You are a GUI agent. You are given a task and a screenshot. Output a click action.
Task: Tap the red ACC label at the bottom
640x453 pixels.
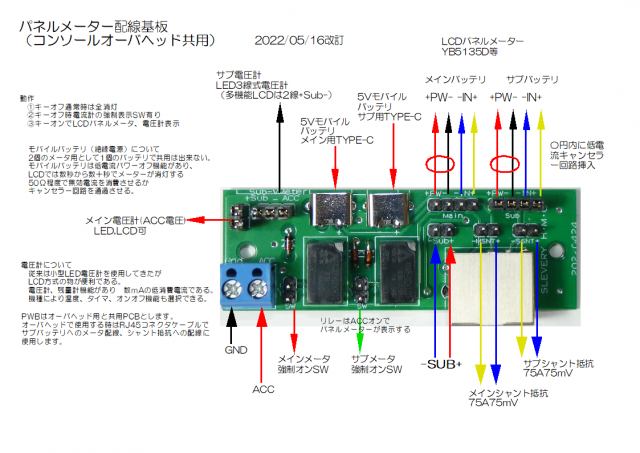[263, 389]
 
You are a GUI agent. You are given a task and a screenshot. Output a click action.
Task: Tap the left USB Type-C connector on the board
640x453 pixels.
[331, 211]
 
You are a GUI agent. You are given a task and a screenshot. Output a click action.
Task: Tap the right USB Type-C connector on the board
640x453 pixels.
[384, 211]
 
